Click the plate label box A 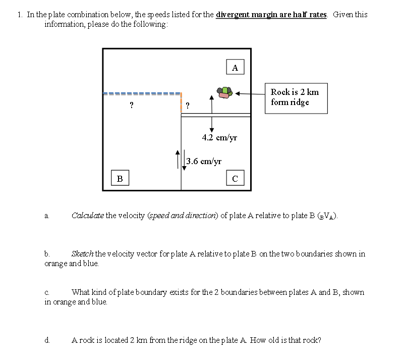(x=235, y=67)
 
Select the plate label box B (x=119, y=178)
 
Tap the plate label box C (x=235, y=178)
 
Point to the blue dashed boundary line (x=141, y=93)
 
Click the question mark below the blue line (x=131, y=106)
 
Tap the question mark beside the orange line (x=188, y=106)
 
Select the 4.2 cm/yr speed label (x=219, y=137)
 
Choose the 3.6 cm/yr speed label (x=204, y=162)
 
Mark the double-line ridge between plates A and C (x=215, y=115)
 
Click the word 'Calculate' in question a (x=88, y=216)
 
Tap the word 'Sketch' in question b (x=82, y=253)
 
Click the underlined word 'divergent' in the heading (x=231, y=14)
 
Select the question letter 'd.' (x=47, y=340)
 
